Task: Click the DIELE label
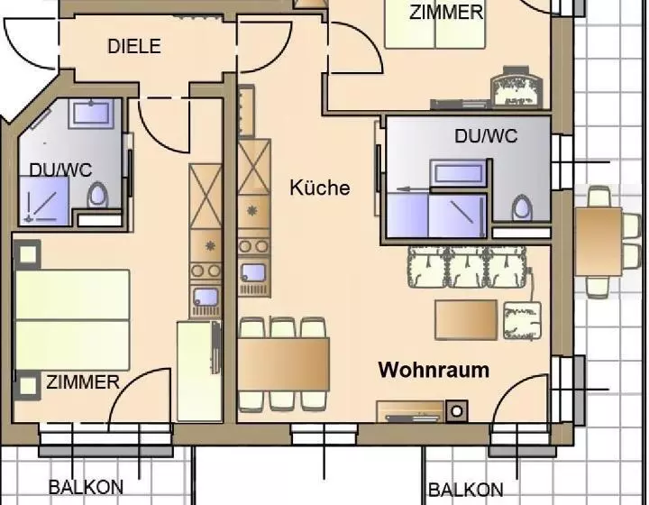pyautogui.click(x=134, y=46)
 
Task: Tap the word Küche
pyautogui.click(x=319, y=188)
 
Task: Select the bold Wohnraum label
pyautogui.click(x=434, y=370)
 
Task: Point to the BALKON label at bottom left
pyautogui.click(x=87, y=487)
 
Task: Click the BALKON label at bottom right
pyautogui.click(x=466, y=490)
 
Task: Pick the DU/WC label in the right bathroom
pyautogui.click(x=486, y=136)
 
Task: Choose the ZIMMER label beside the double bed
pyautogui.click(x=83, y=382)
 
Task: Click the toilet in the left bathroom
pyautogui.click(x=97, y=195)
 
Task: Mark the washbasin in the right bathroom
pyautogui.click(x=458, y=172)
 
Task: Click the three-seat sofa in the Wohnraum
pyautogui.click(x=468, y=267)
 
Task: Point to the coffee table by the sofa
pyautogui.click(x=466, y=320)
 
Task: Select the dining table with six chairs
pyautogui.click(x=284, y=364)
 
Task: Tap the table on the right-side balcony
pyautogui.click(x=599, y=242)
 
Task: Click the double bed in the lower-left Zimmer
pyautogui.click(x=72, y=320)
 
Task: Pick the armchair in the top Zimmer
pyautogui.click(x=516, y=87)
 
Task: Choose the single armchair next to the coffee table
pyautogui.click(x=522, y=321)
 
